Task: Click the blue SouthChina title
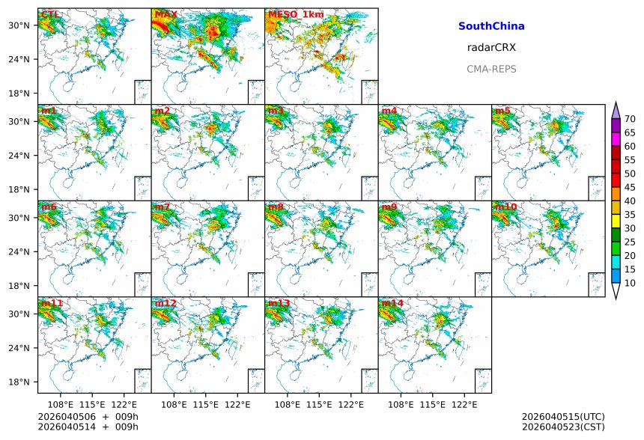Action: click(491, 26)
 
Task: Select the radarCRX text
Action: click(491, 47)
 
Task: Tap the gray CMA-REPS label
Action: click(491, 69)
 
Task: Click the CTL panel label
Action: click(51, 14)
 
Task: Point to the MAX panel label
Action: click(165, 14)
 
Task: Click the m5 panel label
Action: click(502, 111)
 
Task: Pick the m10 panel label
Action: click(505, 207)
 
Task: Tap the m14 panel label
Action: click(392, 303)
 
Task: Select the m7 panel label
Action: click(162, 207)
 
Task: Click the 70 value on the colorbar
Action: click(630, 119)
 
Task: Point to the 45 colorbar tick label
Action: click(630, 187)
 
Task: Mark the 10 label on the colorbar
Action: click(630, 283)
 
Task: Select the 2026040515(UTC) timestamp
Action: click(563, 417)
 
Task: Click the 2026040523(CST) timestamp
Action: click(563, 427)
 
